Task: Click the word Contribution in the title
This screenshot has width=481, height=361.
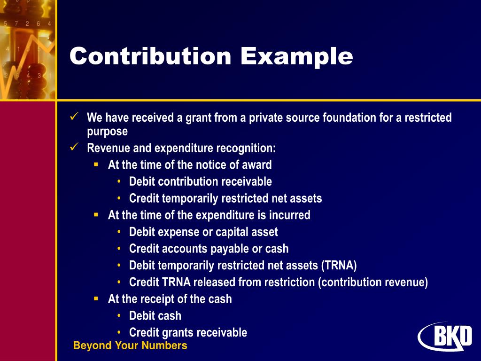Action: [x=151, y=57]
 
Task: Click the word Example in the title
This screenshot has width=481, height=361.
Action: [x=297, y=57]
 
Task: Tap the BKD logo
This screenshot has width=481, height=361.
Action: [x=445, y=336]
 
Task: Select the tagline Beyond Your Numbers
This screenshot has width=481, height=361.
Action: [x=130, y=346]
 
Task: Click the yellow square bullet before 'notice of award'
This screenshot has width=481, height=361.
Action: [x=96, y=164]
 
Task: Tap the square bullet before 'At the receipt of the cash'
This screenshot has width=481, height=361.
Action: [x=96, y=298]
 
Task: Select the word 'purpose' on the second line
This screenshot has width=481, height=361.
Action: [x=107, y=132]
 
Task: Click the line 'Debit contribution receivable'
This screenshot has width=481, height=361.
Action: [x=200, y=182]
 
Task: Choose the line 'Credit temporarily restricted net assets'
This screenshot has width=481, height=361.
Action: [x=225, y=198]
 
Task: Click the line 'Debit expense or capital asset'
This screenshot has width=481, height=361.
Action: [x=203, y=232]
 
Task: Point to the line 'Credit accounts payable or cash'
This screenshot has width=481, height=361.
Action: [x=209, y=249]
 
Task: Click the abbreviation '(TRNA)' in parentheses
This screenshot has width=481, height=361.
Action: [x=339, y=266]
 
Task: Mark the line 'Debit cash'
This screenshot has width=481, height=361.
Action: [x=155, y=316]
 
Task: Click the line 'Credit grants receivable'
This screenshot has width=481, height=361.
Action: [x=188, y=333]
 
